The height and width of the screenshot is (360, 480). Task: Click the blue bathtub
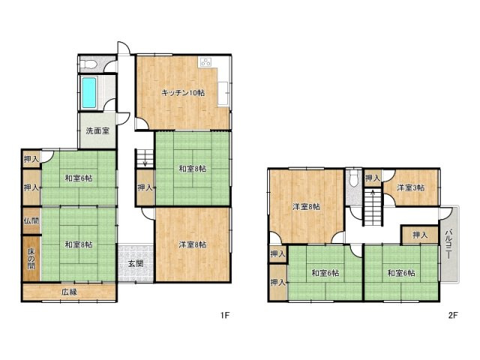(89, 92)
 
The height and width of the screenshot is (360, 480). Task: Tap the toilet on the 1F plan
(89, 64)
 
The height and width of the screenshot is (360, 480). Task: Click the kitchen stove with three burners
(205, 61)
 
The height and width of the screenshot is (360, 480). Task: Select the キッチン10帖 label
(183, 93)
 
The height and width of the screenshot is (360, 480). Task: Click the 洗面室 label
(97, 131)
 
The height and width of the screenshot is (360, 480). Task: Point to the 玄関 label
(136, 263)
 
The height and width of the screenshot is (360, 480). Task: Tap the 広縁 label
(69, 292)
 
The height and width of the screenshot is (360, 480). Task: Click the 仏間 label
(31, 220)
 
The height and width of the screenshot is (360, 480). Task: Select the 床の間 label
(31, 259)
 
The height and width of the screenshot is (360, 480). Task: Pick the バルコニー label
(448, 244)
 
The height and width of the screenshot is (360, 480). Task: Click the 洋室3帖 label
(411, 187)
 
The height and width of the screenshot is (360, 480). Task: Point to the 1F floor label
(225, 315)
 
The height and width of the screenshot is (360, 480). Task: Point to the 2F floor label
(453, 315)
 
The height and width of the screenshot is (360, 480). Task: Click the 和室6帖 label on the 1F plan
(78, 178)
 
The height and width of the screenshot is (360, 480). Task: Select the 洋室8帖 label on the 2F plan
(307, 207)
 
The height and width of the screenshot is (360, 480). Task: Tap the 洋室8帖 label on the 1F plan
(193, 244)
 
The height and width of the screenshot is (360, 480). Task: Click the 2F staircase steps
(373, 208)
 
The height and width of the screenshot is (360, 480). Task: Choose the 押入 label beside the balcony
(420, 235)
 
